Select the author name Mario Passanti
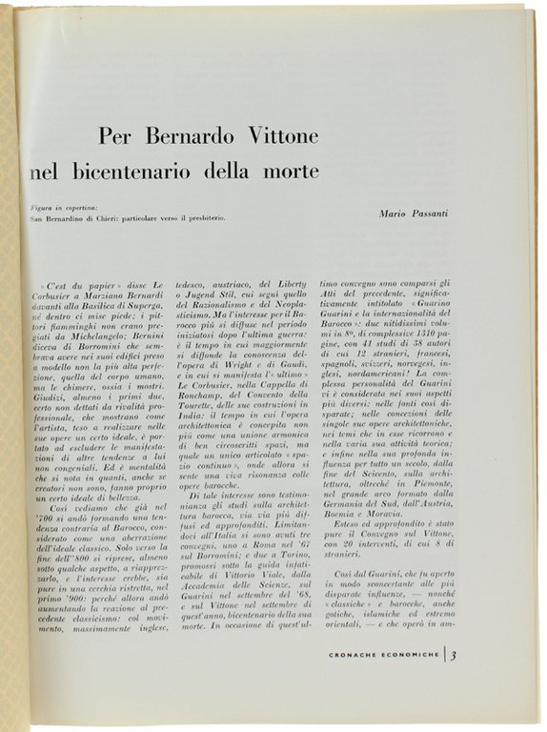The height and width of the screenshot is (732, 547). [414, 213]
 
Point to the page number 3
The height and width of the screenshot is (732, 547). [455, 655]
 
